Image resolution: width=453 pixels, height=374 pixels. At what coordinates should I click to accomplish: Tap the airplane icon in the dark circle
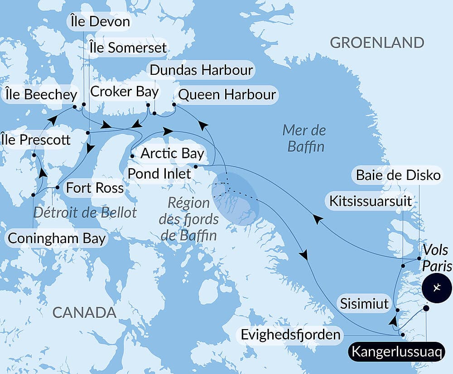pyautogui.click(x=437, y=287)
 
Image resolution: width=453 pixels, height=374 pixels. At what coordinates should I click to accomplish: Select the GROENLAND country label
pyautogui.click(x=377, y=43)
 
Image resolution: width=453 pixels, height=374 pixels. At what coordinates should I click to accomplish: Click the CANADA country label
pyautogui.click(x=84, y=312)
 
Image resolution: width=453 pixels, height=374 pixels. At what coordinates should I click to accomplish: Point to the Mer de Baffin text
pyautogui.click(x=304, y=138)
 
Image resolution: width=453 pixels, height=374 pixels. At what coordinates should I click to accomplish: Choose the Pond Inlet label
pyautogui.click(x=159, y=173)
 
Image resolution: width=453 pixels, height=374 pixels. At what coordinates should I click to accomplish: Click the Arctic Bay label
pyautogui.click(x=172, y=153)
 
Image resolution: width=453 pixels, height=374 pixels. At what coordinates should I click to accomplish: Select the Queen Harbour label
pyautogui.click(x=227, y=94)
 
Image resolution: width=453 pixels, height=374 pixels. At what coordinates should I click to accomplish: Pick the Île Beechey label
pyautogui.click(x=41, y=95)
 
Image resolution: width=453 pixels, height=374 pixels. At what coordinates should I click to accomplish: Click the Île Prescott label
pyautogui.click(x=36, y=140)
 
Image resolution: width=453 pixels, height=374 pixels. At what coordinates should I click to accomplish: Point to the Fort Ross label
pyautogui.click(x=95, y=187)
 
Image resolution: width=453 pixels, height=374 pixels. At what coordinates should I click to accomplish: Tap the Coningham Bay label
pyautogui.click(x=56, y=238)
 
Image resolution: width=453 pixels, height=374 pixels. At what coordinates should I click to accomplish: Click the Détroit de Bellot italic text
pyautogui.click(x=85, y=212)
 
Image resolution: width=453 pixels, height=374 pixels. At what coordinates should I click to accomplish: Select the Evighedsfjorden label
pyautogui.click(x=290, y=335)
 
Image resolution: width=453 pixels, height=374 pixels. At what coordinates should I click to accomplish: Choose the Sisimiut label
pyautogui.click(x=365, y=303)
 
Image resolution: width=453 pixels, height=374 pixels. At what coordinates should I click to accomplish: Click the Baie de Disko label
pyautogui.click(x=398, y=175)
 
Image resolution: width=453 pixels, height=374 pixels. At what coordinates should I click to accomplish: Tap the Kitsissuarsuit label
pyautogui.click(x=371, y=200)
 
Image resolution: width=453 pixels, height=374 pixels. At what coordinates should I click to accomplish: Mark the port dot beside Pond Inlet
pyautogui.click(x=195, y=167)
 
